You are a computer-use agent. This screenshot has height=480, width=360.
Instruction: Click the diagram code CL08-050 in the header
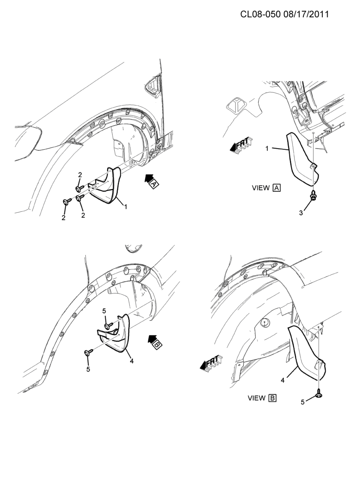tap(260, 14)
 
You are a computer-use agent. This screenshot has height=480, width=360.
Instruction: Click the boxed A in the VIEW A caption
tap(277, 188)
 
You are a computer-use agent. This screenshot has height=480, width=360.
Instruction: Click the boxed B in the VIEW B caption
tap(273, 398)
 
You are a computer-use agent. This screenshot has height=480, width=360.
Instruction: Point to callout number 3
tap(301, 213)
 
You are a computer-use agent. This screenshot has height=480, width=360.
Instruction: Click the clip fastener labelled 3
tap(313, 195)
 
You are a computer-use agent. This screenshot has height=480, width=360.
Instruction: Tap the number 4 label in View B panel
tap(283, 381)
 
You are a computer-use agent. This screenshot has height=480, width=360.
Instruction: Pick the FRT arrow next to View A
tap(241, 145)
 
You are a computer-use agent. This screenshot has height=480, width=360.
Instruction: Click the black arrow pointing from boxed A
tap(149, 178)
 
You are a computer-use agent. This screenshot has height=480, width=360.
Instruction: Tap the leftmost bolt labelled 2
tap(67, 201)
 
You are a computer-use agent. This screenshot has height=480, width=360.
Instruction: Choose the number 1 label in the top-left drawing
tap(126, 207)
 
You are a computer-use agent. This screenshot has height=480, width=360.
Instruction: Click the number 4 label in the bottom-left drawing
tap(131, 361)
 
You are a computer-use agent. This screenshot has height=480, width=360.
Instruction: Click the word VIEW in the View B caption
tap(256, 398)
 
